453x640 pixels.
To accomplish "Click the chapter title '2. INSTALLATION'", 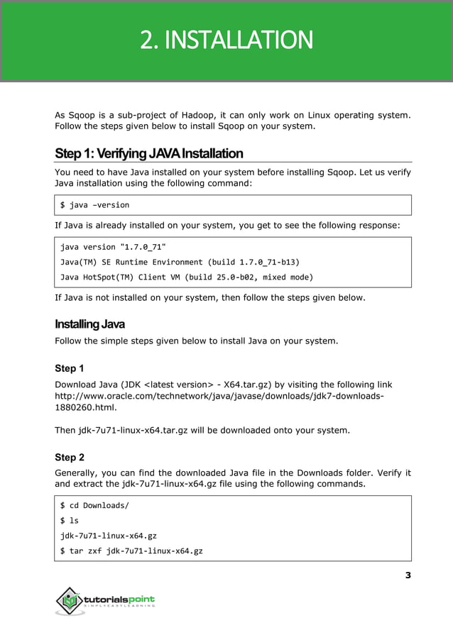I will [x=226, y=40].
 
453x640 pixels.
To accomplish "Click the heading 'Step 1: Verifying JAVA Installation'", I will [x=148, y=153].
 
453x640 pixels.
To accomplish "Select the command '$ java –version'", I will [x=94, y=205].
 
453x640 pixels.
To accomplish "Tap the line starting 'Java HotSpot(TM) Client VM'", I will [x=176, y=277].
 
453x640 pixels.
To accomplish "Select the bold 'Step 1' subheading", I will [x=70, y=369].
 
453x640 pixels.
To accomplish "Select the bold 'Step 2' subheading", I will [x=70, y=458].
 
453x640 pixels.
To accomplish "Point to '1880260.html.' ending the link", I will [x=85, y=409].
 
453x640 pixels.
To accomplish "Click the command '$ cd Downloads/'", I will [x=94, y=506].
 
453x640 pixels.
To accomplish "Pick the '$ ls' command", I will [x=70, y=521].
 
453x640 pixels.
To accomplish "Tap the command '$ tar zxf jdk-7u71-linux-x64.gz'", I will [x=131, y=551].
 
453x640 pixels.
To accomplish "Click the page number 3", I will [x=408, y=575].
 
